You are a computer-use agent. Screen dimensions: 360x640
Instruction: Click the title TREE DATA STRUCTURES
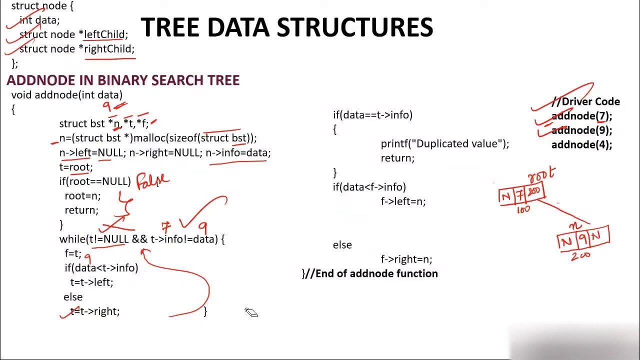(287, 28)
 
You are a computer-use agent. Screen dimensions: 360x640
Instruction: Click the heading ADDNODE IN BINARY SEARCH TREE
(123, 80)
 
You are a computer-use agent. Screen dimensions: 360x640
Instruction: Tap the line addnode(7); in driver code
(581, 116)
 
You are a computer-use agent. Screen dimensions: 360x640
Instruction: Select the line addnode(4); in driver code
(581, 145)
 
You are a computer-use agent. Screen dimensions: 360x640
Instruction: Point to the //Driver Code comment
(585, 101)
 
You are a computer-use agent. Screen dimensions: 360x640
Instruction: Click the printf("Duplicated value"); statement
(444, 144)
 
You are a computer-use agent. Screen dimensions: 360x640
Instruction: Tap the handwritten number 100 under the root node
(523, 210)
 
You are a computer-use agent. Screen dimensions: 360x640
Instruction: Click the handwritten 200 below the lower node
(580, 256)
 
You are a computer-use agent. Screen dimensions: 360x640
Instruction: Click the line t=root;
(76, 167)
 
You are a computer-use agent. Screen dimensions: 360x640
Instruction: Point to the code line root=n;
(82, 196)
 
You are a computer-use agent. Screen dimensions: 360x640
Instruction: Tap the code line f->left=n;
(403, 201)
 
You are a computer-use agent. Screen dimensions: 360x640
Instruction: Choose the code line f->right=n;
(406, 259)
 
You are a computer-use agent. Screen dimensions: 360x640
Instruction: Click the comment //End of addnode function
(370, 273)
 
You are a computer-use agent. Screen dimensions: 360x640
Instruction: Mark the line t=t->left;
(91, 282)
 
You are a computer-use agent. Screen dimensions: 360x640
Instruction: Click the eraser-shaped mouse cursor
(251, 312)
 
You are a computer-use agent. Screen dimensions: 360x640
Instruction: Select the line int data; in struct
(39, 20)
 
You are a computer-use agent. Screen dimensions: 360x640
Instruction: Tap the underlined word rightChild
(109, 49)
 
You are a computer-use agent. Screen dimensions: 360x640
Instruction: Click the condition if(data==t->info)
(372, 115)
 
